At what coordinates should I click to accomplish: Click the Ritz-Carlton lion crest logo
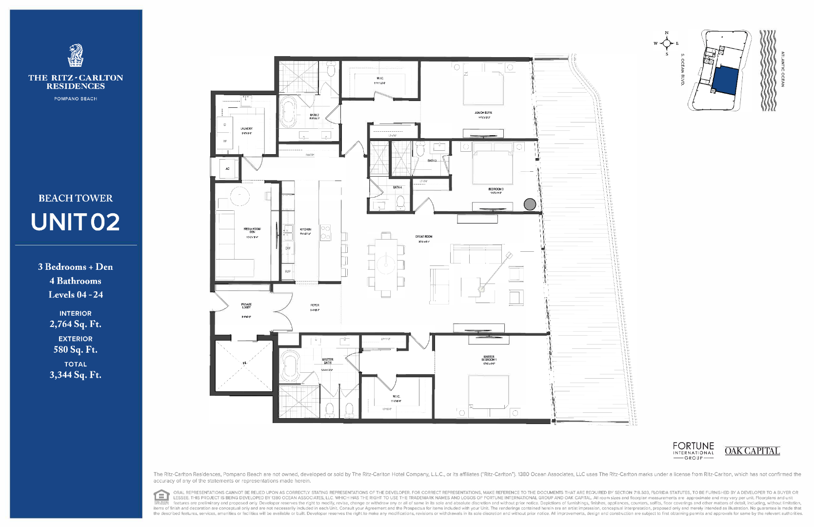click(76, 56)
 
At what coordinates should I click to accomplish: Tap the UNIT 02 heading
click(76, 222)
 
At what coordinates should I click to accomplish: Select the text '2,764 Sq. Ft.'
click(76, 324)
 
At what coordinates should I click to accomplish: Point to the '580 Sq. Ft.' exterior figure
click(76, 349)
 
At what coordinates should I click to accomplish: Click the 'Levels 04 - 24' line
click(76, 295)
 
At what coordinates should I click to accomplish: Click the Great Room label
click(423, 237)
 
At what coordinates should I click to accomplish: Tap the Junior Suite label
click(483, 113)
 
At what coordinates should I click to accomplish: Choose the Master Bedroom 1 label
click(489, 359)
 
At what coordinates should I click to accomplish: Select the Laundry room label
click(246, 129)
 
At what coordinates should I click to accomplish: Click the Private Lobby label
click(246, 306)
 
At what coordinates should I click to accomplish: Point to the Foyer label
click(315, 305)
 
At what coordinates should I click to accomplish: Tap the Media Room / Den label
click(252, 230)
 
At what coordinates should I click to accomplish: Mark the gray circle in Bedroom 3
click(530, 204)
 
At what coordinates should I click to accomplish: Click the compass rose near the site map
click(667, 43)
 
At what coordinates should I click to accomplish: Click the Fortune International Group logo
click(693, 450)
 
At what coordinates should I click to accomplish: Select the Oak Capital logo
click(752, 451)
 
